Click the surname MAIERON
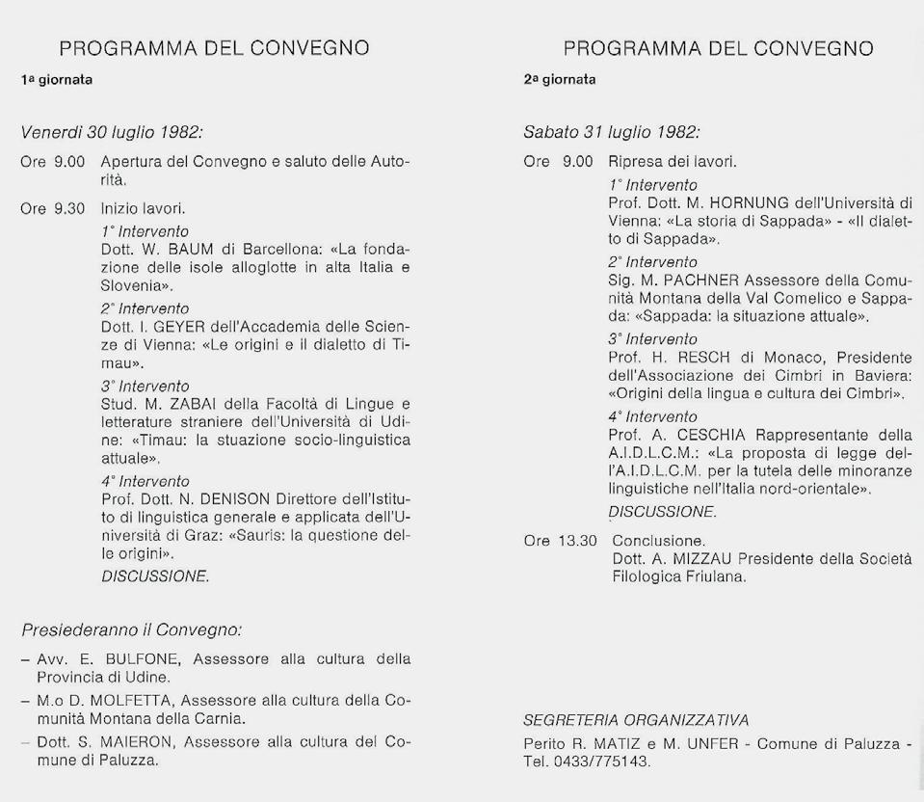(140, 741)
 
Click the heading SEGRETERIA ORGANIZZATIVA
(636, 720)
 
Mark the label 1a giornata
(57, 80)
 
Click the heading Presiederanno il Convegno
(130, 630)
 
